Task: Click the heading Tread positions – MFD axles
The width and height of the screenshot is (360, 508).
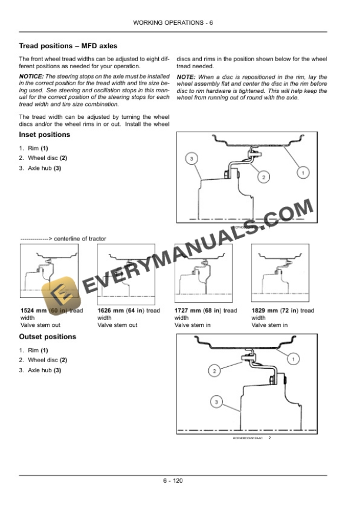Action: tap(68, 45)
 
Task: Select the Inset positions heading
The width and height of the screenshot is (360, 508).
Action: tap(45, 135)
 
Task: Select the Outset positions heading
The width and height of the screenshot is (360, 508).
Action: tap(48, 337)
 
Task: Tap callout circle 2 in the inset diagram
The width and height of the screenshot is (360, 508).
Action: tap(264, 177)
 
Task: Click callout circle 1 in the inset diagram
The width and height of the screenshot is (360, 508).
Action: tap(302, 173)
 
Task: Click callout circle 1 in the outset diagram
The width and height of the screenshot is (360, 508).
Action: tap(294, 358)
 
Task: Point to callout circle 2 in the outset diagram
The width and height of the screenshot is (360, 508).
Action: tap(215, 370)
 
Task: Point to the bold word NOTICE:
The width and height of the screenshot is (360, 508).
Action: tap(32, 76)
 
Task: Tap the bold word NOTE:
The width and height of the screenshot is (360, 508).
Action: tap(186, 76)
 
